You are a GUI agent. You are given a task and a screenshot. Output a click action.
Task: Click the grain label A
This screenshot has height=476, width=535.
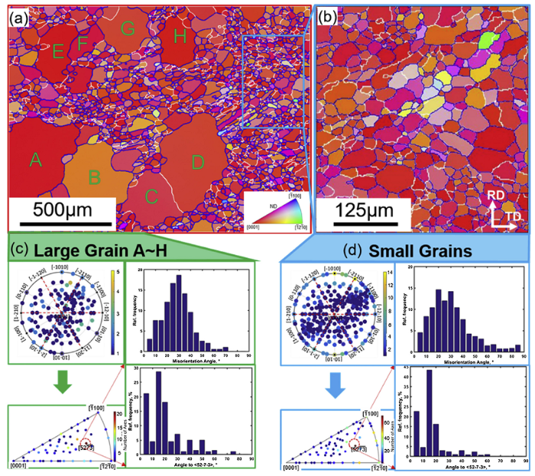tap(34, 160)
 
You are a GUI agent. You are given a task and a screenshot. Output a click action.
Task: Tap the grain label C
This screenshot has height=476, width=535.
tap(151, 197)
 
